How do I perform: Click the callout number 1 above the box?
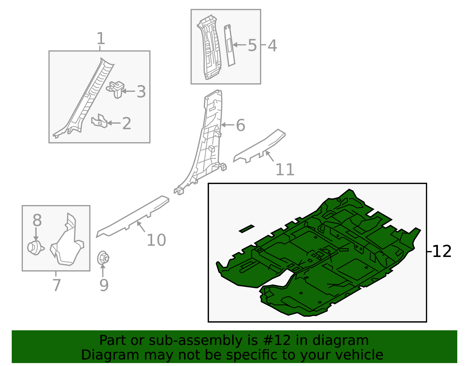101,39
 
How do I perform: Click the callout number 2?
126,123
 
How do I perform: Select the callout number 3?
141,92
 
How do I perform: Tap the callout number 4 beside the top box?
272,46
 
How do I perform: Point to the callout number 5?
252,45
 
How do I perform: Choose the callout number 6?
240,125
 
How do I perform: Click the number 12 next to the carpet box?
442,251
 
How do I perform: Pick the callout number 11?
285,169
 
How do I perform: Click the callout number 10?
156,240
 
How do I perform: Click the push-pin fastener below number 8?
35,248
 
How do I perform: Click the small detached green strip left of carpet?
247,229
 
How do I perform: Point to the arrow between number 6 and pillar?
227,125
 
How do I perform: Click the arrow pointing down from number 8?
36,234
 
